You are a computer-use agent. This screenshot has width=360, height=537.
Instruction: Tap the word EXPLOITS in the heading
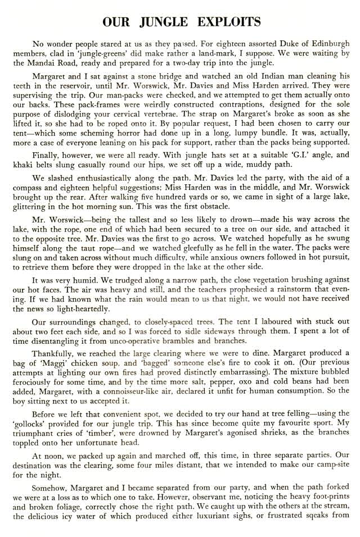pos(228,22)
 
